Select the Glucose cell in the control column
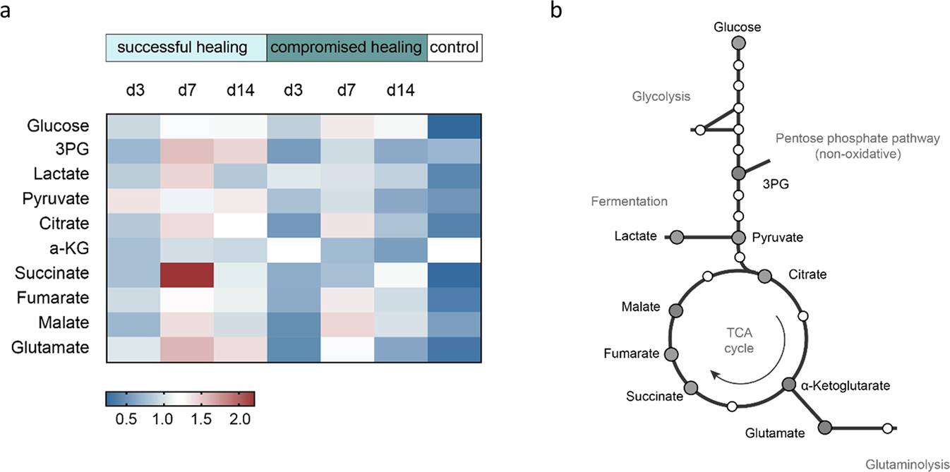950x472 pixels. (x=455, y=126)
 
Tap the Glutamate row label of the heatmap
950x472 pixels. (x=60, y=347)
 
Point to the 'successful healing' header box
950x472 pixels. (x=186, y=48)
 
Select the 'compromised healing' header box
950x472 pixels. (x=347, y=48)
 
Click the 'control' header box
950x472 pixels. (x=455, y=48)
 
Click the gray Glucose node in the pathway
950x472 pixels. (x=738, y=44)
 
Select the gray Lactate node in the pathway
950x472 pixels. (x=677, y=236)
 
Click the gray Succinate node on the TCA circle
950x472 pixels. (x=691, y=387)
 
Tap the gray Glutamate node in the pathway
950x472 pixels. (x=825, y=427)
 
